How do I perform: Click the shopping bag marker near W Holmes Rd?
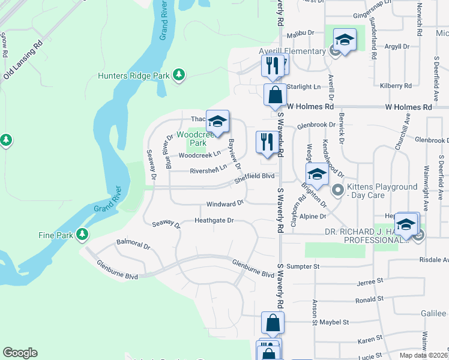pos(275,96)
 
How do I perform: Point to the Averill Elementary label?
pos(292,52)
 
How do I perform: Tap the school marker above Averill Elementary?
pos(345,40)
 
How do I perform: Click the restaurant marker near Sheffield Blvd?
pos(265,142)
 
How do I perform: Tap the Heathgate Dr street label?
pos(214,221)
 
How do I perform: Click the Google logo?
pos(20,353)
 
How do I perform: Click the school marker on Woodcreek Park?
pos(217,122)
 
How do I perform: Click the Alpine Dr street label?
pos(313,216)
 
